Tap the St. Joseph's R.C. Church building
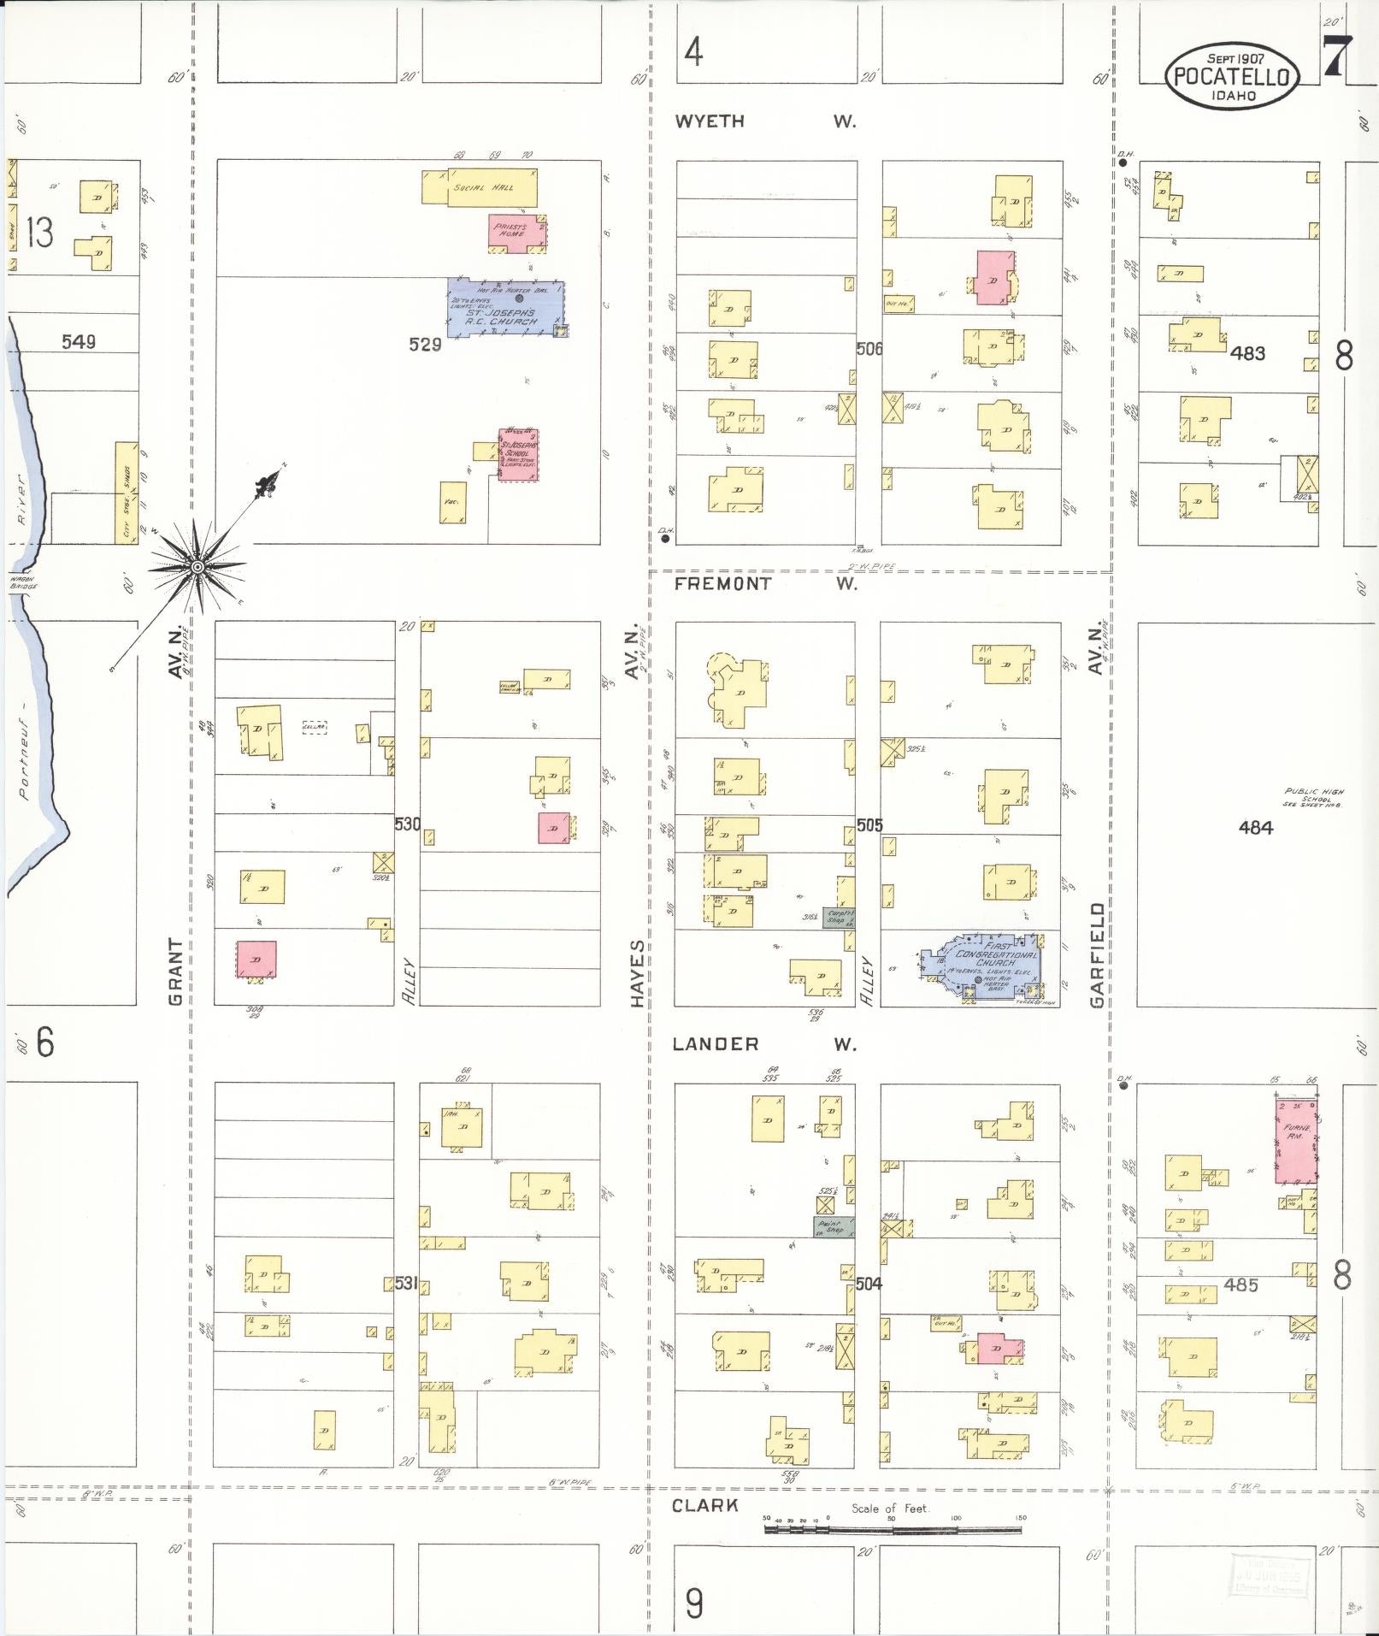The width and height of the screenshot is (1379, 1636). coord(504,310)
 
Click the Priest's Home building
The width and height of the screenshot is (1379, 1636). coord(516,232)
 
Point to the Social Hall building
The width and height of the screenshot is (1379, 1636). coord(480,187)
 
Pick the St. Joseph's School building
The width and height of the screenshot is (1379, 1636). coord(519,454)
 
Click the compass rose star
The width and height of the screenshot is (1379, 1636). coord(197,567)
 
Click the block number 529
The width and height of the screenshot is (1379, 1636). coord(425,345)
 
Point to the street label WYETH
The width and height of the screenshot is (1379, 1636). coord(710,121)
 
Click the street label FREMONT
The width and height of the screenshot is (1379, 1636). coord(722,584)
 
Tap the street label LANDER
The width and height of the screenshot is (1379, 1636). coord(716,1043)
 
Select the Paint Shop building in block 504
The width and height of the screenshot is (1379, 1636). coord(833,1227)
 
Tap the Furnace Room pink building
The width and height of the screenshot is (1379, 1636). coord(1295,1142)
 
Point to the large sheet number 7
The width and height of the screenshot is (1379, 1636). coord(1336,57)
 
